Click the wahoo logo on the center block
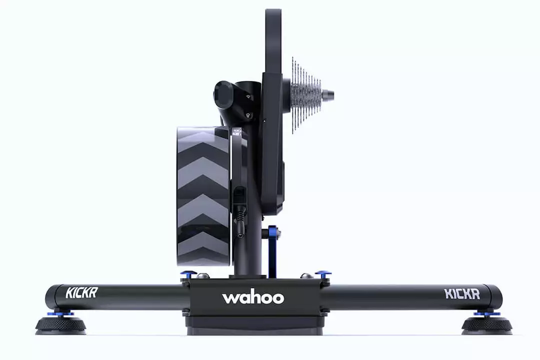click(253, 298)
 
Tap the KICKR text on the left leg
click(81, 293)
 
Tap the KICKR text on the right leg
click(462, 294)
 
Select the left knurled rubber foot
click(61, 325)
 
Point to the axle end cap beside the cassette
click(327, 93)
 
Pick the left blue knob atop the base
click(188, 274)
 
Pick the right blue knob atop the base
click(323, 274)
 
